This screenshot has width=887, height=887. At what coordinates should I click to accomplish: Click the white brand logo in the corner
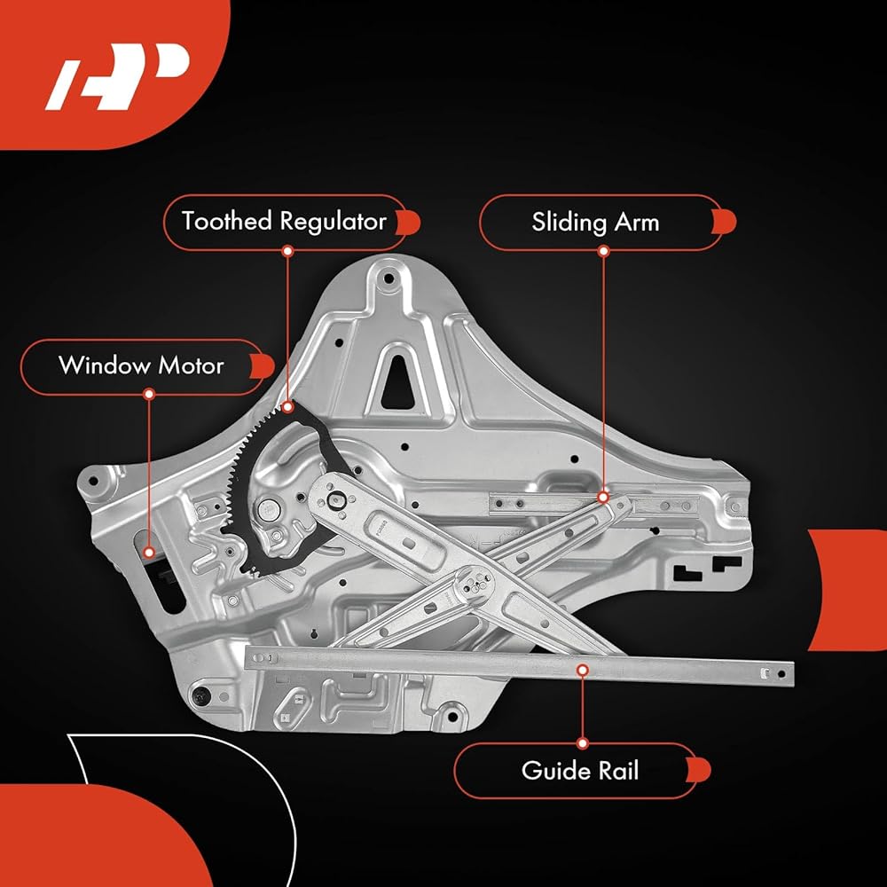(x=116, y=76)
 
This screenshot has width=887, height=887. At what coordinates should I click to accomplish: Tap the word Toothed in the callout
(x=227, y=221)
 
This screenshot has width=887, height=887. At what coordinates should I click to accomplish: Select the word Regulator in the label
(x=334, y=222)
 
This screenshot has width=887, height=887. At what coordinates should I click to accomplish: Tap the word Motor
(x=192, y=366)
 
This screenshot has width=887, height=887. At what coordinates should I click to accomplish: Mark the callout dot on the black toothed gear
(x=288, y=407)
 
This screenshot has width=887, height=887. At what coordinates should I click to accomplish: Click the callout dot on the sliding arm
(x=603, y=498)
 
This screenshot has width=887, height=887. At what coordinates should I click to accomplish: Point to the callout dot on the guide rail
(x=582, y=671)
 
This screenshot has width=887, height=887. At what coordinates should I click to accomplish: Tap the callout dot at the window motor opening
(x=149, y=552)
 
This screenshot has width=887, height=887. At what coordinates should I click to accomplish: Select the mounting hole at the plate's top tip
(x=389, y=279)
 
